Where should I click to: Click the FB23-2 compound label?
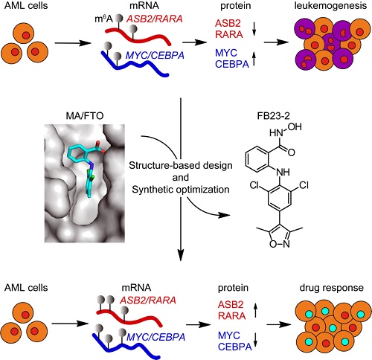click(274, 116)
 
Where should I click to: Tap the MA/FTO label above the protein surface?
click(85, 116)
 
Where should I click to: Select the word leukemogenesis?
click(330, 6)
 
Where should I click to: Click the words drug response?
click(331, 288)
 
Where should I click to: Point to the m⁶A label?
click(103, 19)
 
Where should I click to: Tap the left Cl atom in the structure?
click(254, 185)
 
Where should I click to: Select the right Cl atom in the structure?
click(304, 185)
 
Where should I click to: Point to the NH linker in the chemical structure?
click(283, 172)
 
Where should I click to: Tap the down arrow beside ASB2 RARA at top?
click(254, 29)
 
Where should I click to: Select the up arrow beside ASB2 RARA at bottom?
click(256, 311)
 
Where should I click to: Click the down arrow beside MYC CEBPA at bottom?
click(256, 340)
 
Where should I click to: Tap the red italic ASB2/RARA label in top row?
click(154, 19)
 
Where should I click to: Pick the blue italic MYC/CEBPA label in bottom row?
click(156, 337)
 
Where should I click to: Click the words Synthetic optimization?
click(181, 190)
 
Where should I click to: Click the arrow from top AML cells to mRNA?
click(73, 43)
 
